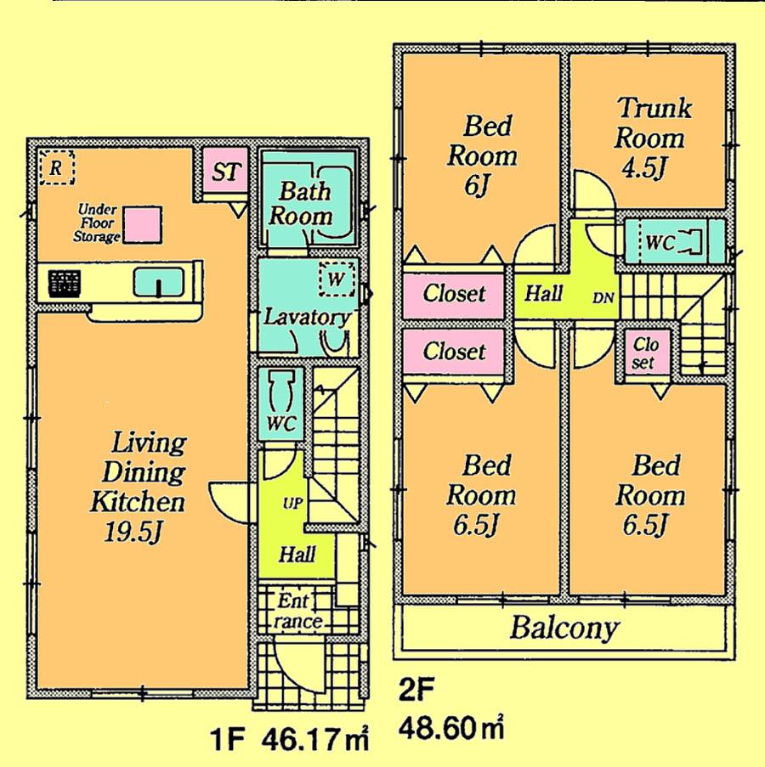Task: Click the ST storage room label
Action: [224, 173]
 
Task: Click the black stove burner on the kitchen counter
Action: [62, 283]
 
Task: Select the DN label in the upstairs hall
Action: [603, 297]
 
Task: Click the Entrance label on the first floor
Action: [297, 612]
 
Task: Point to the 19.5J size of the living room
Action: [136, 533]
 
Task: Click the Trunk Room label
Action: [653, 123]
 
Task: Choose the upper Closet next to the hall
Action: [454, 294]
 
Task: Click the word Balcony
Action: [564, 629]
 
